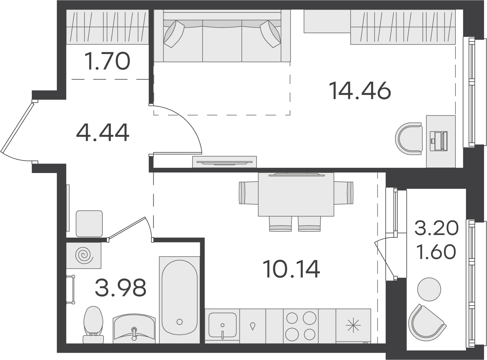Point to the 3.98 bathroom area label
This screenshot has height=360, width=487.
pyautogui.click(x=121, y=287)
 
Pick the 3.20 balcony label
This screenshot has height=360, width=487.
pyautogui.click(x=437, y=228)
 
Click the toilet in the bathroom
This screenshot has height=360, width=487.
pyautogui.click(x=93, y=325)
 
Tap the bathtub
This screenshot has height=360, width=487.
pyautogui.click(x=179, y=299)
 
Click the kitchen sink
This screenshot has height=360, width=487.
pyautogui.click(x=222, y=326)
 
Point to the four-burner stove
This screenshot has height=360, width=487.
pyautogui.click(x=301, y=326)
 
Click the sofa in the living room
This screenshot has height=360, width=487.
pyautogui.click(x=222, y=36)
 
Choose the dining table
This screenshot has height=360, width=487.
pyautogui.click(x=296, y=195)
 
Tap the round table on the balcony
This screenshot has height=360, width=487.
pyautogui.click(x=429, y=289)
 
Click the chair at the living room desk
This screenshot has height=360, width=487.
pyautogui.click(x=409, y=139)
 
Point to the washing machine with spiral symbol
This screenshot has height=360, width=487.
pyautogui.click(x=84, y=255)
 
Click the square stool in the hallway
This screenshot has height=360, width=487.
pyautogui.click(x=89, y=224)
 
